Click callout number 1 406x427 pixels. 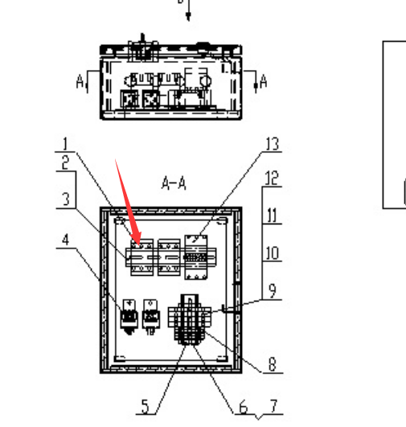65,144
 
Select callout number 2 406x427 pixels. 65,163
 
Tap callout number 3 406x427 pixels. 66,199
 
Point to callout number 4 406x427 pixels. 65,240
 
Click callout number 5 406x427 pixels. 146,407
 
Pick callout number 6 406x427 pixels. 243,408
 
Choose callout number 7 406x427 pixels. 274,406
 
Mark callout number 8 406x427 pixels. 273,364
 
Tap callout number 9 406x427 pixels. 273,291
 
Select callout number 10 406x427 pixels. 272,253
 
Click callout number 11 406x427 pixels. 272,216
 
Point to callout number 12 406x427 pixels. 272,178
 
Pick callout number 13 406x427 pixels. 273,144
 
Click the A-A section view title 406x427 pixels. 174,183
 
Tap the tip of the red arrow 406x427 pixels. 140,245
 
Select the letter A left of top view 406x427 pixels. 80,81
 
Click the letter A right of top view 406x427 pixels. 264,81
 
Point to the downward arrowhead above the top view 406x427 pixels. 188,16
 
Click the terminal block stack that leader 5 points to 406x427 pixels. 189,319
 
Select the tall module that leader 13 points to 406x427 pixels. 196,257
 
